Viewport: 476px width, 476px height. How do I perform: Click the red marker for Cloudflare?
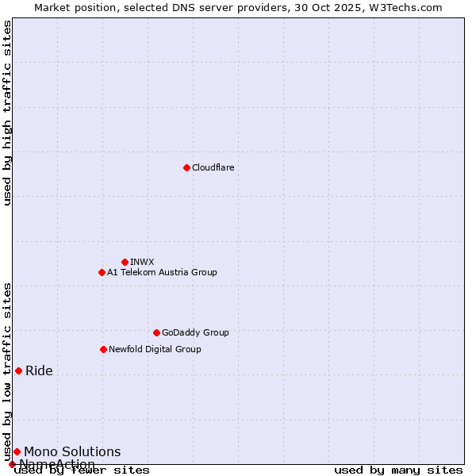click(x=186, y=167)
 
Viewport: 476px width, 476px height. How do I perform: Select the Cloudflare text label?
click(x=213, y=167)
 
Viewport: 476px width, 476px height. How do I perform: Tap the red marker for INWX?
click(x=125, y=262)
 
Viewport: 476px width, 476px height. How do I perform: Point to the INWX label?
click(x=142, y=262)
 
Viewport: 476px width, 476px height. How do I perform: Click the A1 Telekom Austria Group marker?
click(x=102, y=272)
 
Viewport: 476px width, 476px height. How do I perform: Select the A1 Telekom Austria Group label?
click(x=162, y=272)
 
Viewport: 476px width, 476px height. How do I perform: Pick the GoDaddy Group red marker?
click(x=156, y=332)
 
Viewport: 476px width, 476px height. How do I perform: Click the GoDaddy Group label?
click(x=195, y=332)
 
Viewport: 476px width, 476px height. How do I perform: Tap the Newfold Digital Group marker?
click(x=103, y=349)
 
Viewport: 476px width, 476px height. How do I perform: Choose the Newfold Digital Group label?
click(x=155, y=349)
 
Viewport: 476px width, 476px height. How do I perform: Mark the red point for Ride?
click(x=18, y=370)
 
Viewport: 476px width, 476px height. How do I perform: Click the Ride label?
click(x=39, y=370)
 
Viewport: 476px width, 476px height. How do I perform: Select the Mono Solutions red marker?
click(x=17, y=451)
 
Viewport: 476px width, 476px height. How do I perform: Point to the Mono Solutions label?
click(x=72, y=451)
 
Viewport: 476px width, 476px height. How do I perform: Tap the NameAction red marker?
click(x=12, y=464)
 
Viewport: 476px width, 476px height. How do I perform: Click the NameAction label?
click(x=57, y=464)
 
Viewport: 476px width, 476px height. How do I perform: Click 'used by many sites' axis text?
click(x=398, y=470)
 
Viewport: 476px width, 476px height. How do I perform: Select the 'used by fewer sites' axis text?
click(x=82, y=470)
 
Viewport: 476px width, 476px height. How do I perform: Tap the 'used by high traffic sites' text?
click(x=8, y=113)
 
